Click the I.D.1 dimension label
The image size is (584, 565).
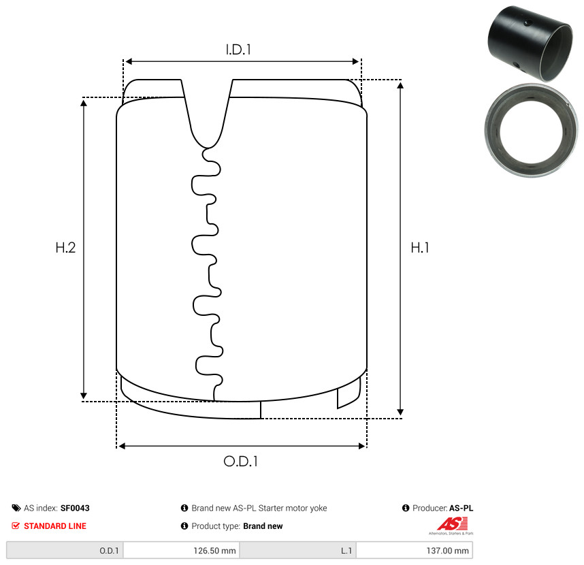[238, 50]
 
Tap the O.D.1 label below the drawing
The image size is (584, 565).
[240, 462]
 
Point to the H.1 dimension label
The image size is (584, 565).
[420, 248]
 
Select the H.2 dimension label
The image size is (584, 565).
[65, 248]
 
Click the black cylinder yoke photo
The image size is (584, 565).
[530, 43]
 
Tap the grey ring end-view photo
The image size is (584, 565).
[531, 130]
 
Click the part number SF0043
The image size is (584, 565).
[75, 508]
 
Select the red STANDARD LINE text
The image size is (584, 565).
[55, 526]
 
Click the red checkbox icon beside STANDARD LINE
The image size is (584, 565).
[16, 526]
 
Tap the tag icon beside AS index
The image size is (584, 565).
[16, 508]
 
